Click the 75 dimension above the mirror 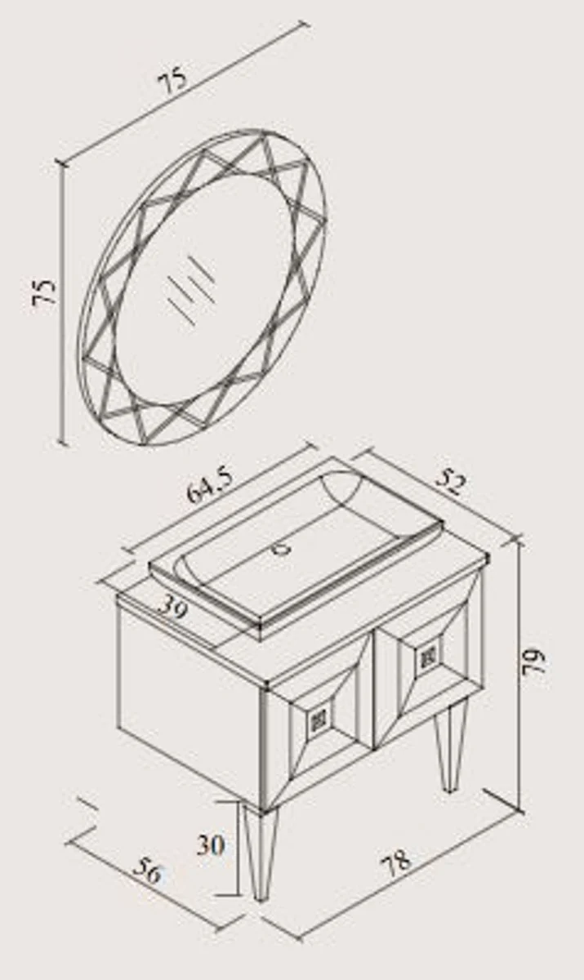tap(173, 81)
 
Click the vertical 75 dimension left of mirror tap(45, 292)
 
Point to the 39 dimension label tap(172, 608)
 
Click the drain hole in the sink tap(283, 549)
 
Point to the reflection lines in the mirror tap(193, 289)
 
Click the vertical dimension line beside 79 tap(520, 672)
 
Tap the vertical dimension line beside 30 tap(239, 847)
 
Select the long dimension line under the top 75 tap(184, 94)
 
